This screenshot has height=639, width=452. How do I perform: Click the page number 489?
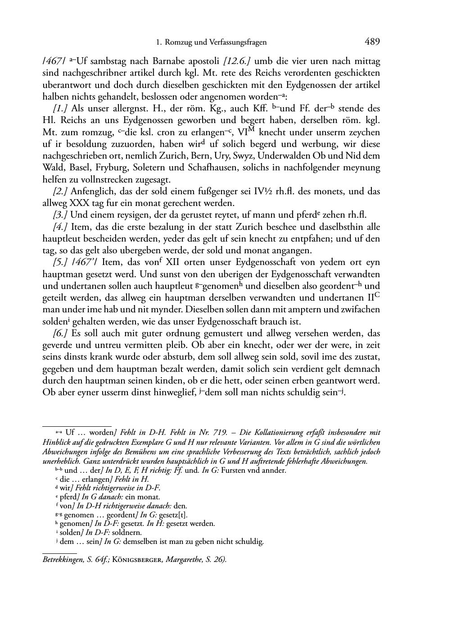point(372,42)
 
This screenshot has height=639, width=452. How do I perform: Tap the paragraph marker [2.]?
point(61,191)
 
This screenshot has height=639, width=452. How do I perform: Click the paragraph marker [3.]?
point(61,215)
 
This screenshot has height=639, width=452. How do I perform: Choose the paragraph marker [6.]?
point(61,333)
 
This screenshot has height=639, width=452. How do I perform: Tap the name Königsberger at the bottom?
point(142,560)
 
